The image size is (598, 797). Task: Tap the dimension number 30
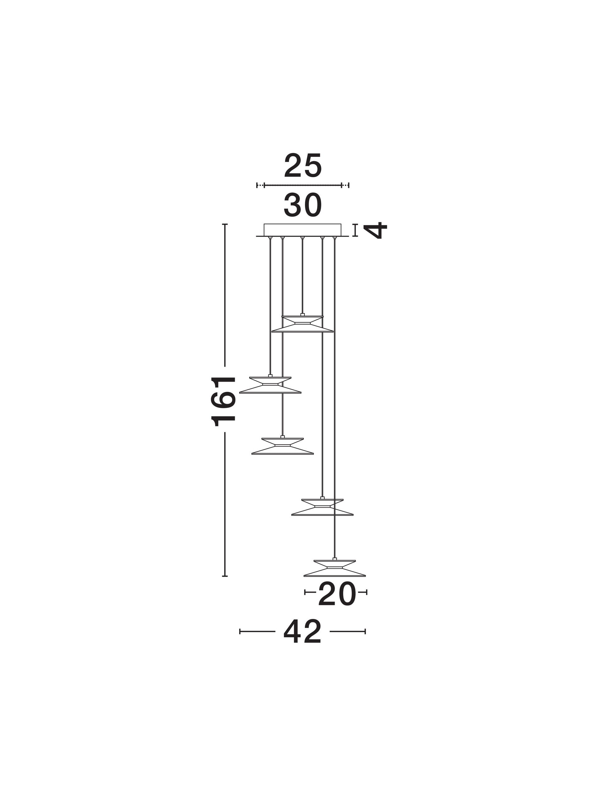[x=302, y=205]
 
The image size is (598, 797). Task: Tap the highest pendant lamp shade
[x=302, y=324]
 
